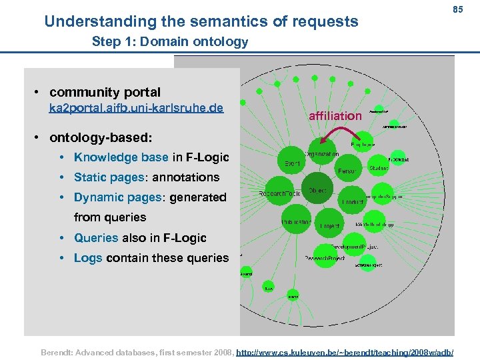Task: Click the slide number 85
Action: click(457, 9)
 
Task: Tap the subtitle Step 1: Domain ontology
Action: click(169, 42)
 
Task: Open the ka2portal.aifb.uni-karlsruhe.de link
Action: click(136, 108)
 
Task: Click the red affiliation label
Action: click(335, 116)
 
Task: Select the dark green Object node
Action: click(317, 190)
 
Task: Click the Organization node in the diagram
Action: click(322, 153)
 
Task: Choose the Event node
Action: click(291, 163)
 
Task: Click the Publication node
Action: click(295, 221)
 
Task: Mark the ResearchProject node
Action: click(325, 258)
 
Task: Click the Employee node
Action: click(362, 143)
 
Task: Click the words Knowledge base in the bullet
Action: click(121, 157)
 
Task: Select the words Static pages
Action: click(109, 177)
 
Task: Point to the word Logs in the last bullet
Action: click(88, 257)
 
